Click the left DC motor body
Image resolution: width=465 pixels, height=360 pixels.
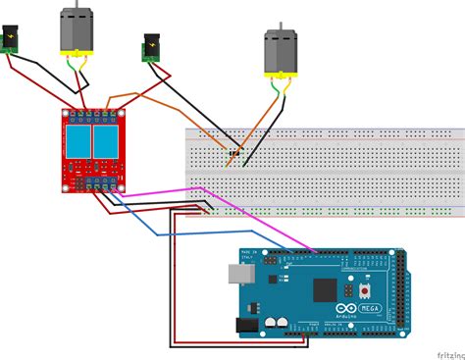[76, 31]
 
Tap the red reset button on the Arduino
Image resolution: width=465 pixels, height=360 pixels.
[365, 290]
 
